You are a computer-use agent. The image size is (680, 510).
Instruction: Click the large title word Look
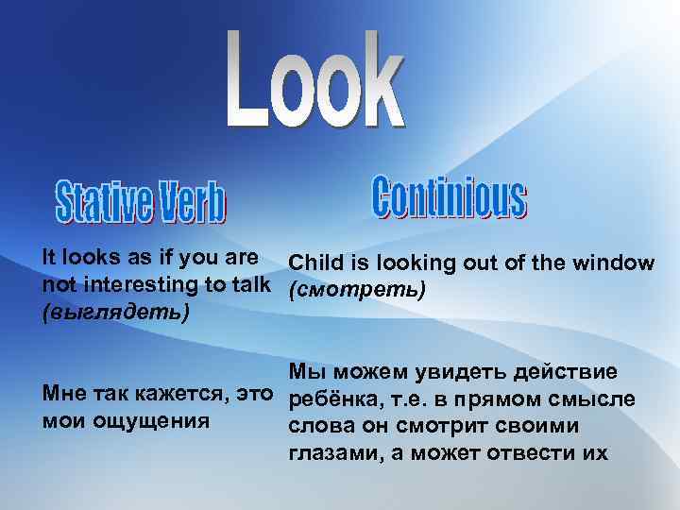(316, 80)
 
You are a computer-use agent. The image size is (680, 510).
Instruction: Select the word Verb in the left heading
(193, 199)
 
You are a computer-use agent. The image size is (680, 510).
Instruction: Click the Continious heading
(450, 195)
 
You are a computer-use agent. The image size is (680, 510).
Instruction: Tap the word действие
(566, 372)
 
